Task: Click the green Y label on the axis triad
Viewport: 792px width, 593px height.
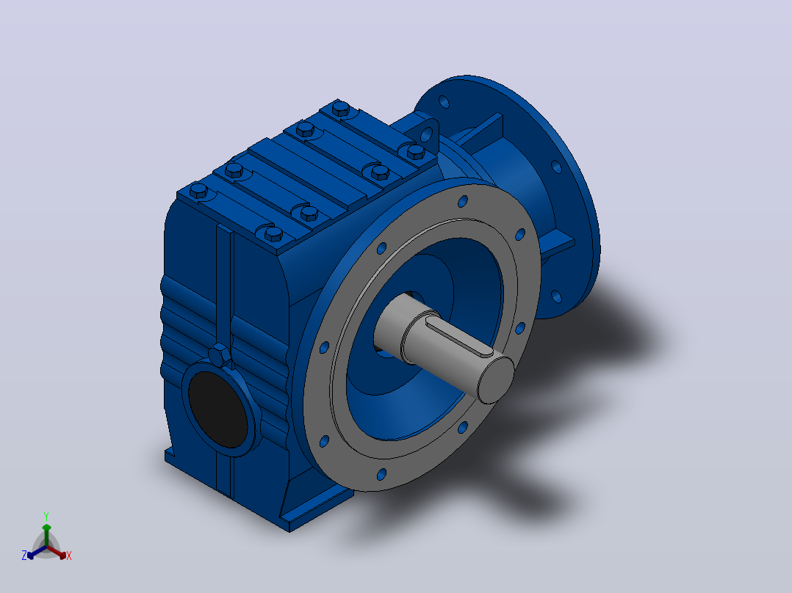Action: click(x=46, y=516)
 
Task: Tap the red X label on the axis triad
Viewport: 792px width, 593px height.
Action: click(x=69, y=556)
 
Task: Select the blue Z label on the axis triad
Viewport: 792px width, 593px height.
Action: click(x=24, y=556)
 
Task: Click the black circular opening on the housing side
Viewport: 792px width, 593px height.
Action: click(x=218, y=410)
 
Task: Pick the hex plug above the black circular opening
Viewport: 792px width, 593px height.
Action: click(x=219, y=355)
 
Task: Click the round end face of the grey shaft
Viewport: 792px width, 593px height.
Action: click(x=495, y=379)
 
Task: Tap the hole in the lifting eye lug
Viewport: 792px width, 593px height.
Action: click(x=426, y=135)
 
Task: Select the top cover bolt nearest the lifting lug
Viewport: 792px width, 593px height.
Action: click(x=414, y=151)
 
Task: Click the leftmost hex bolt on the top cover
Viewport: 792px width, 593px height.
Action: click(x=198, y=191)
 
